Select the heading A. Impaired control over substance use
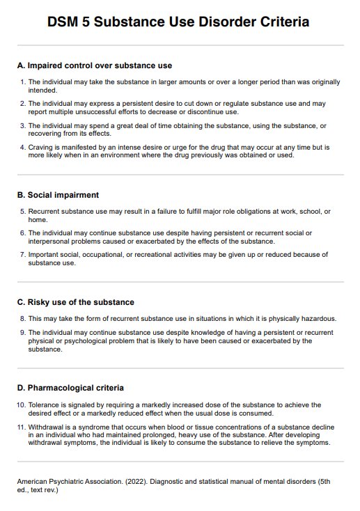pyautogui.click(x=94, y=66)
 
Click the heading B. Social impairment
pyautogui.click(x=58, y=195)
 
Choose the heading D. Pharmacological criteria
pyautogui.click(x=70, y=388)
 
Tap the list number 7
pyautogui.click(x=22, y=255)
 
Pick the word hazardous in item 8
pyautogui.click(x=317, y=319)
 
